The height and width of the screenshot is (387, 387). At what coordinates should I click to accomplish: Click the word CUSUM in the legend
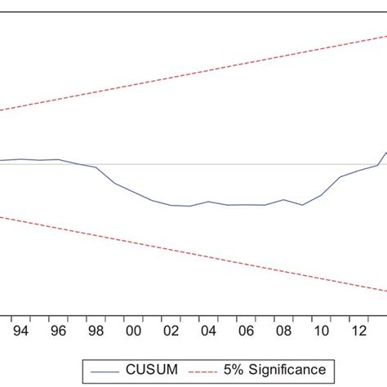(x=148, y=370)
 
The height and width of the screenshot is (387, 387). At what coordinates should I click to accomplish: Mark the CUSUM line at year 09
(x=302, y=205)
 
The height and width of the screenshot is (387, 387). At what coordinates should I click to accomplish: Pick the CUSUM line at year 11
(x=340, y=176)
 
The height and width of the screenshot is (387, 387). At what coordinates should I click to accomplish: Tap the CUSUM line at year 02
(x=171, y=205)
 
